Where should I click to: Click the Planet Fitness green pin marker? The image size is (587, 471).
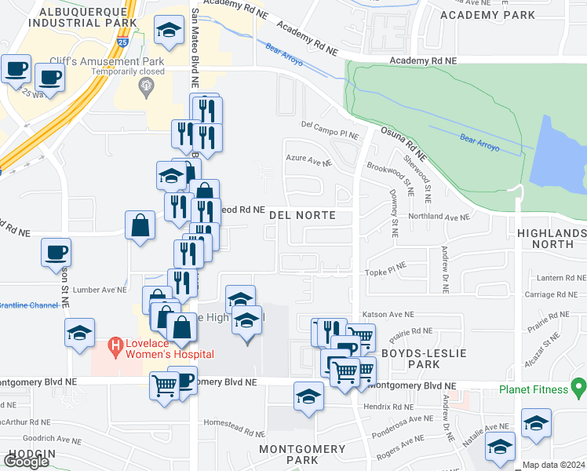(579, 387)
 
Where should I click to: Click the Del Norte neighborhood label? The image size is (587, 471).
(302, 215)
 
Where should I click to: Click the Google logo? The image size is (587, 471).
(26, 462)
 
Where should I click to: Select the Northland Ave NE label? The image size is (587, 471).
(439, 217)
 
